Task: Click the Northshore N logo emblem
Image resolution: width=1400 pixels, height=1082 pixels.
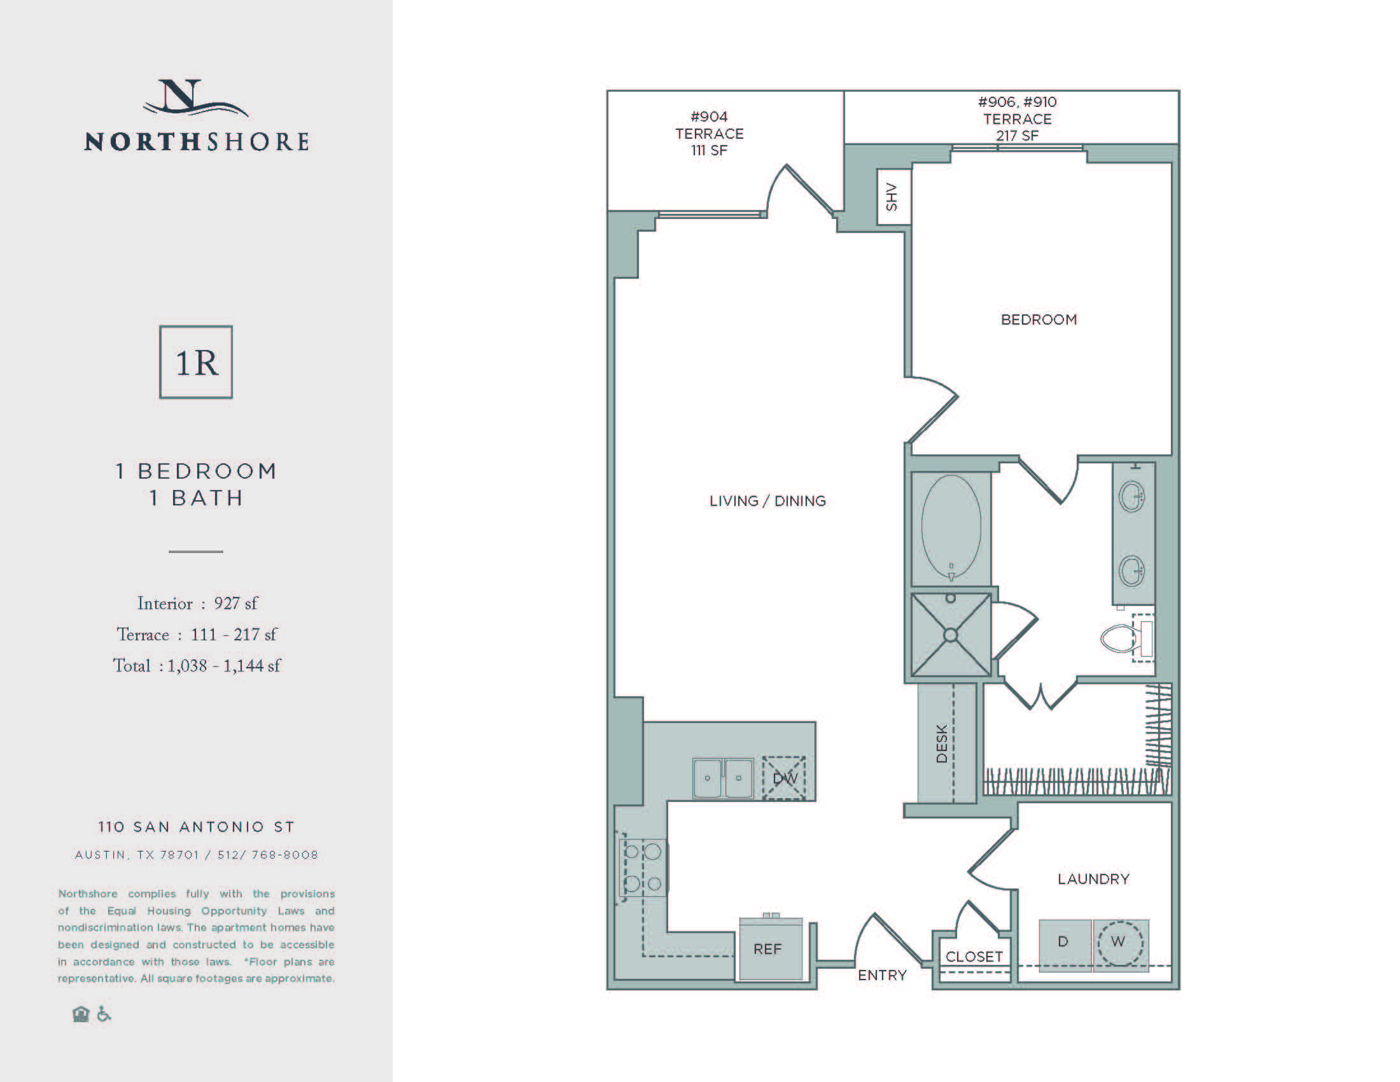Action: [x=194, y=98]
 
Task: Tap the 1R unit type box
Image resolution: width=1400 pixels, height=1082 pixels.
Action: [x=196, y=362]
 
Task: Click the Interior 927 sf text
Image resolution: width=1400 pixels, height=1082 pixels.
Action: [x=197, y=604]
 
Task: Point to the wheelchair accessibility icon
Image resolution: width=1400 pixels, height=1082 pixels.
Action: [x=104, y=1014]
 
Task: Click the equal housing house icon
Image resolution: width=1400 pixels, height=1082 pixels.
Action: [x=81, y=1014]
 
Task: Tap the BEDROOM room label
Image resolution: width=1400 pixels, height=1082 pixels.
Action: [x=1039, y=320]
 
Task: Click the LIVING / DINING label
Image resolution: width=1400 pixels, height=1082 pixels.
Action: [x=767, y=501]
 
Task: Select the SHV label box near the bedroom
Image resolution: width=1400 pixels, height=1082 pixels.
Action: [x=893, y=197]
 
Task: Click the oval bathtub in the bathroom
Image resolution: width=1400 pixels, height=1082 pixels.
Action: [x=951, y=527]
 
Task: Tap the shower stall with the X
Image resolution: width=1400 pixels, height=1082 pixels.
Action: [x=951, y=635]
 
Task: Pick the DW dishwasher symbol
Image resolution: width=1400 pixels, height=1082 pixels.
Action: [x=784, y=778]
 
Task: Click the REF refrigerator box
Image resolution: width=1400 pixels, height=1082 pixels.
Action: [x=768, y=950]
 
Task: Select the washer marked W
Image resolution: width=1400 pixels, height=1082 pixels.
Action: [x=1120, y=942]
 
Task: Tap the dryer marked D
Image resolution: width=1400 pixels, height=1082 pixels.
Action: [x=1064, y=942]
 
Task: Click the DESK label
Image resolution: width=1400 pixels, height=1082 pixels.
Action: [x=942, y=743]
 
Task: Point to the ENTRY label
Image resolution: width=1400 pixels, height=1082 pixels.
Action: [x=882, y=975]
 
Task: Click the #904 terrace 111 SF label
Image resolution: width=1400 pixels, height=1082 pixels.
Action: [x=709, y=133]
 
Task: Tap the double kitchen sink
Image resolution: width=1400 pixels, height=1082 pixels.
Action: [x=723, y=778]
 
